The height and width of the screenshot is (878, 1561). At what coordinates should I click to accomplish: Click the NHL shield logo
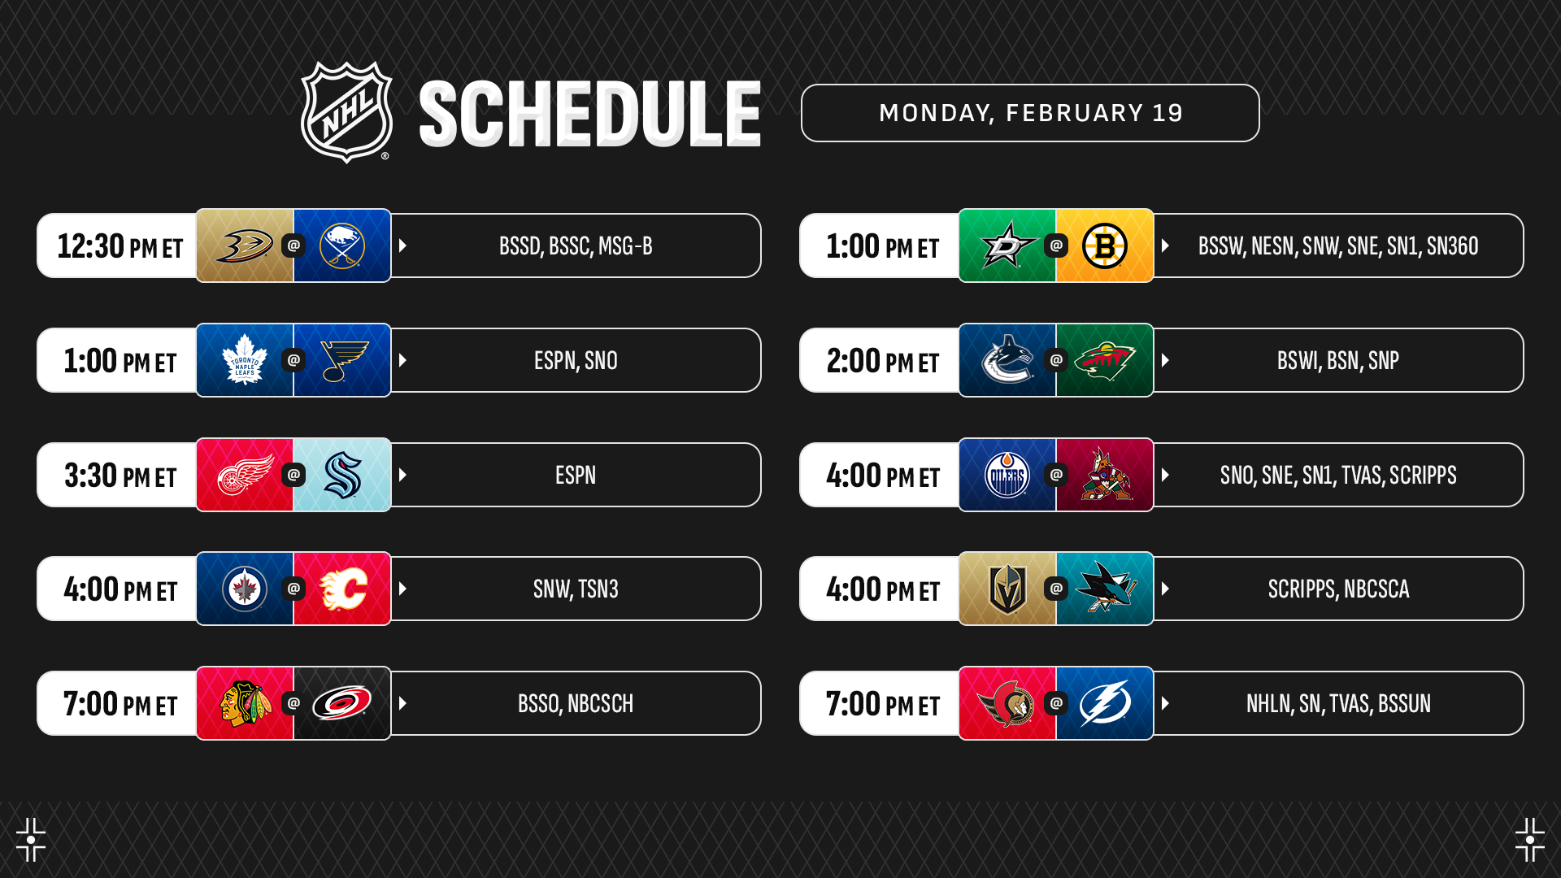pos(347,112)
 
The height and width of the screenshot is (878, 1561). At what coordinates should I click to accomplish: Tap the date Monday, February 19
pos(1031,113)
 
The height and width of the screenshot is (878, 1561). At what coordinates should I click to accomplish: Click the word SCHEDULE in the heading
pos(590,114)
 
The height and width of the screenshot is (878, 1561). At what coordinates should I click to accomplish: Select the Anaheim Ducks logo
pos(245,246)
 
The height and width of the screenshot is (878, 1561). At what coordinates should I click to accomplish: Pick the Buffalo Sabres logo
pos(342,246)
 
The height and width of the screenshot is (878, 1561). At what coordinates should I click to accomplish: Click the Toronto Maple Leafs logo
pos(245,360)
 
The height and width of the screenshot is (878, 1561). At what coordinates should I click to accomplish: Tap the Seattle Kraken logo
pos(342,475)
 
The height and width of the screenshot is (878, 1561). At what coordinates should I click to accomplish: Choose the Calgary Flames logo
pos(343,589)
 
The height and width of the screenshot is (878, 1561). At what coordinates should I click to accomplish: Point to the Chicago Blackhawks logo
pos(246,703)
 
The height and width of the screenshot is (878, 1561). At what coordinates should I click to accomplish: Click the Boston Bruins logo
pos(1105,246)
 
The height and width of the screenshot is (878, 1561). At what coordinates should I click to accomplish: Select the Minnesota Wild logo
pos(1105,360)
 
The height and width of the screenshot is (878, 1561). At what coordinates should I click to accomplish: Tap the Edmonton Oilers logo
pos(1007,475)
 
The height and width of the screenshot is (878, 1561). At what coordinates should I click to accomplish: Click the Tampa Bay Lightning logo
pos(1105,703)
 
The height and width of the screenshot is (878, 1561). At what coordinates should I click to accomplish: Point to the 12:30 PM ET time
pos(120,246)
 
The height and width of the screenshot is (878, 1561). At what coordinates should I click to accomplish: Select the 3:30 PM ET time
pos(120,476)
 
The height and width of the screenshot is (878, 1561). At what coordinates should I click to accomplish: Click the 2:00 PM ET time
pos(883,361)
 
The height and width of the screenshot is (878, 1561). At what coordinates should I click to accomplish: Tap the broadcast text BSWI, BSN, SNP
pos(1338,360)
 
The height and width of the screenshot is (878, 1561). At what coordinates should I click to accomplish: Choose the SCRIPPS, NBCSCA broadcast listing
pos(1339,589)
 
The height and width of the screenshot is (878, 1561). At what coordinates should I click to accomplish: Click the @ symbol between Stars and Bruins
pos(1056,245)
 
